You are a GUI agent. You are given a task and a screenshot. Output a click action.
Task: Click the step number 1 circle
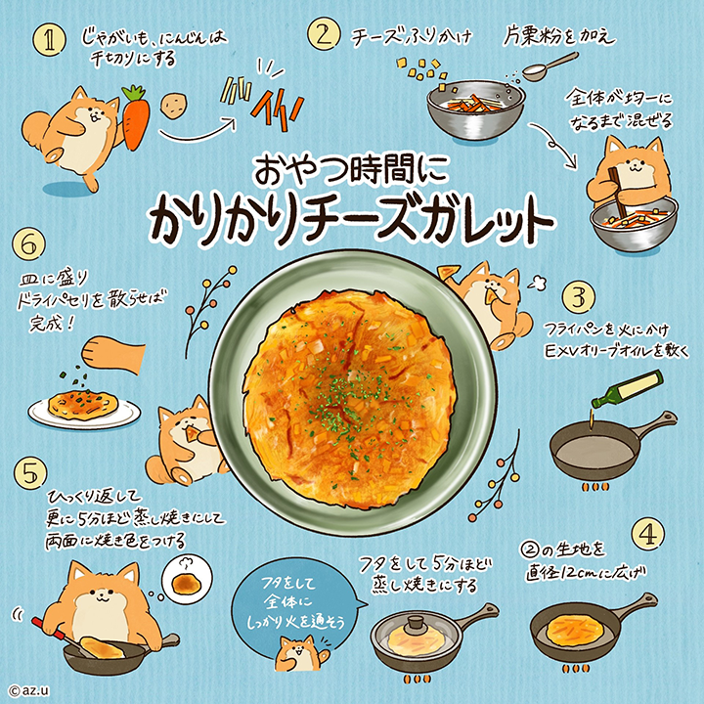pos(50,40)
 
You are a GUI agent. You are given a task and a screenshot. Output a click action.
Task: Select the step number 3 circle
pos(579,297)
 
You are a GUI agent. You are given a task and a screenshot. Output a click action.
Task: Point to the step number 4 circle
pos(648,534)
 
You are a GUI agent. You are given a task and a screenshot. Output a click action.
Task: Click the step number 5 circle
pos(30,473)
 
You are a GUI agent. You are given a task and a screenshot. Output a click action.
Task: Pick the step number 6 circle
pos(28,244)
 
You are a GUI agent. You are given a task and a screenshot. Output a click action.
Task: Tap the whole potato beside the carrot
pos(172,106)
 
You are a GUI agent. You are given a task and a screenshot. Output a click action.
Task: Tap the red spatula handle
pos(49,629)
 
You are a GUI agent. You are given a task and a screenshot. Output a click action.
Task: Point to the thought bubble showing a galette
pos(187,579)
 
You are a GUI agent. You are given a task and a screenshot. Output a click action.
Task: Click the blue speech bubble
pos(296,602)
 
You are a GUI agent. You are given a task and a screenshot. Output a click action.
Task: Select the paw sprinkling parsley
pos(113,355)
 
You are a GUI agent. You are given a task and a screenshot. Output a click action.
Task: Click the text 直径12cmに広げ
pos(586,573)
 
